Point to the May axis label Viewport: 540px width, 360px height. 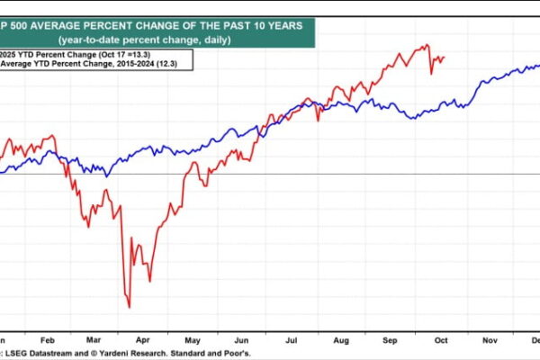192,342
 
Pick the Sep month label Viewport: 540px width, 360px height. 390,342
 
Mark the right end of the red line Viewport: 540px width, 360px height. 445,58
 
